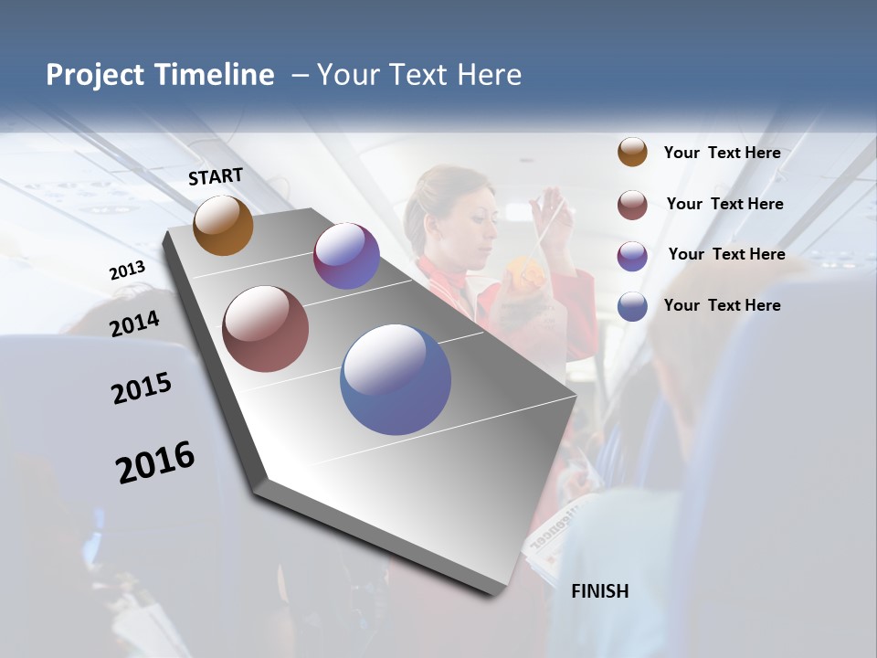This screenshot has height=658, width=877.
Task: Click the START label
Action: tap(216, 176)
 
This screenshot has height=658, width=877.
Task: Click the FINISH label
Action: tap(599, 591)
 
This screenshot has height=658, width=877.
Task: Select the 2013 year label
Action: tap(127, 271)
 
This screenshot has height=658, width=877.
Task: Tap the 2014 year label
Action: tap(134, 324)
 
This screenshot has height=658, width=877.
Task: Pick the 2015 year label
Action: tap(142, 388)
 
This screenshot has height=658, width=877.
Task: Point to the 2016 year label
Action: tap(155, 462)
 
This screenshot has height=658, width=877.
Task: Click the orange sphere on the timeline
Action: tap(223, 225)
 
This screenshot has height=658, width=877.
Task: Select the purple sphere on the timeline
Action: tap(346, 256)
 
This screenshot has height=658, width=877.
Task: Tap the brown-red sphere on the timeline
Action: tap(265, 329)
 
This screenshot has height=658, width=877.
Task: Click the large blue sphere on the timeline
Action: tap(396, 378)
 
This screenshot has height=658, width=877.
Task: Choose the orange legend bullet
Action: tap(632, 152)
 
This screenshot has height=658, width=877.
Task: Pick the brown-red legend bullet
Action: tap(632, 205)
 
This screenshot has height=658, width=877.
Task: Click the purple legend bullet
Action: tap(632, 256)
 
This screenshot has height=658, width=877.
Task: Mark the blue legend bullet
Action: tap(632, 306)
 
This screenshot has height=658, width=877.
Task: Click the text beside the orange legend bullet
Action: tap(722, 153)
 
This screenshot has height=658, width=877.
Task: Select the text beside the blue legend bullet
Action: tap(722, 305)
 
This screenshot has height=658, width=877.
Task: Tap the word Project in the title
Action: tap(96, 75)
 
